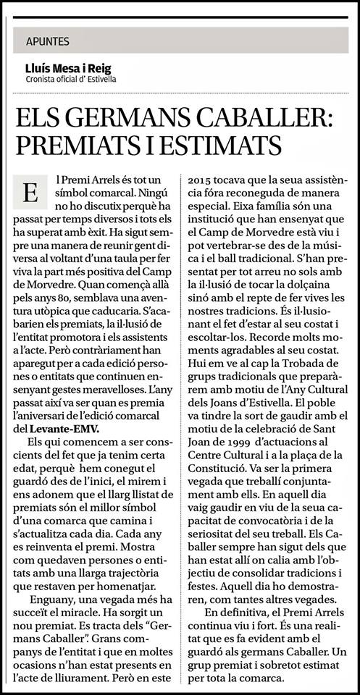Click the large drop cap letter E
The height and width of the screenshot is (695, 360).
(30, 193)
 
